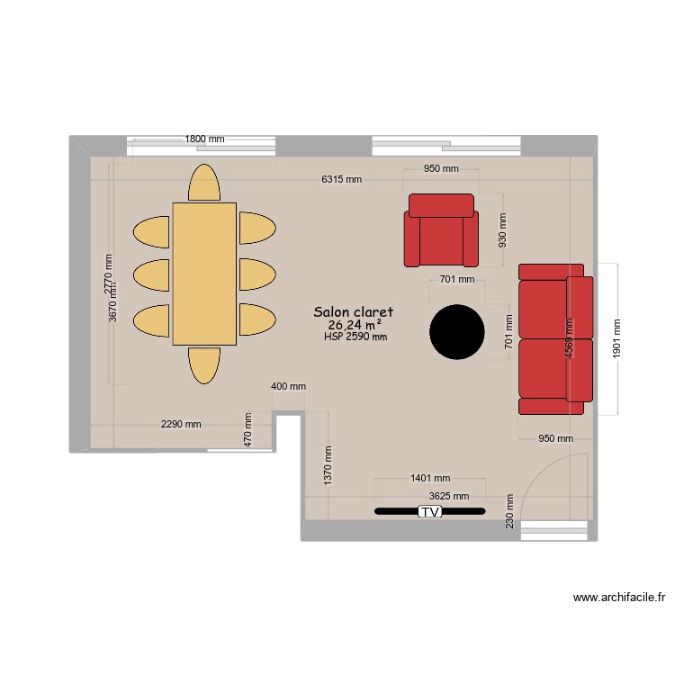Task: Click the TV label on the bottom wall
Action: pos(430,512)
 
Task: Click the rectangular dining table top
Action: pos(204,274)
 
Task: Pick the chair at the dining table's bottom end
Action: pos(203,364)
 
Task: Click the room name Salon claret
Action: pos(354,311)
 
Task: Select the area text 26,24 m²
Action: pos(355,325)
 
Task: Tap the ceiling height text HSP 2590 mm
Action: pos(355,337)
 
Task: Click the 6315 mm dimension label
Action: pos(341,179)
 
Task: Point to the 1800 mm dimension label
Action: pos(204,139)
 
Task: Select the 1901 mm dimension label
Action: pos(616,338)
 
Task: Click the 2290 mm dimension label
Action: pos(181,424)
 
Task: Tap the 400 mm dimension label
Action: pos(288,386)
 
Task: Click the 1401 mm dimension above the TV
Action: pos(429,479)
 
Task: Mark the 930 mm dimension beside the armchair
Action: pos(502,229)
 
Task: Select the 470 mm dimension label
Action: pos(247,429)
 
